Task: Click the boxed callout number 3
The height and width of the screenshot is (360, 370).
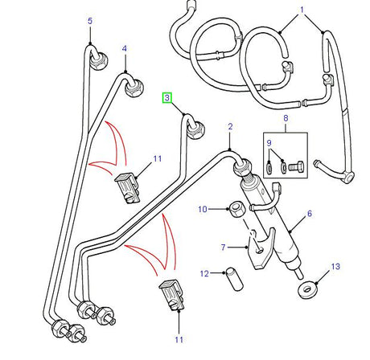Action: pyautogui.click(x=167, y=97)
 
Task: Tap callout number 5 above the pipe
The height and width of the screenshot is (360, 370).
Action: pyautogui.click(x=90, y=21)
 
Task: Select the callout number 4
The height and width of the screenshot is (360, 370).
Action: pyautogui.click(x=125, y=49)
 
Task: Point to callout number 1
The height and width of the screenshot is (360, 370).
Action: pyautogui.click(x=302, y=13)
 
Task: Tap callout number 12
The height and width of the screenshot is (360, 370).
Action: pyautogui.click(x=204, y=274)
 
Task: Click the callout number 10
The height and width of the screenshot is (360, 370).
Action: pyautogui.click(x=203, y=211)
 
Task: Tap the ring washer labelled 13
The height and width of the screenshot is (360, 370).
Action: pyautogui.click(x=306, y=288)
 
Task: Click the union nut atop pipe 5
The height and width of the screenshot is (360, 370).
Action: pyautogui.click(x=100, y=58)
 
